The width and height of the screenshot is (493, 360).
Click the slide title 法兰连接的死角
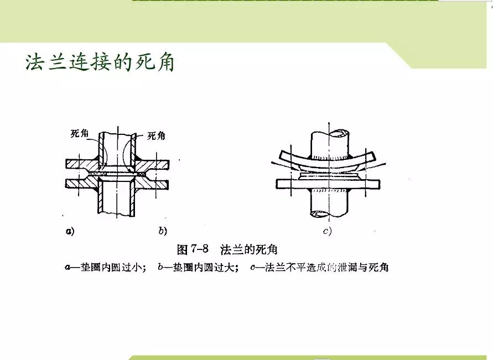click(100, 62)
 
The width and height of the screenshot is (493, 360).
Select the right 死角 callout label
click(157, 136)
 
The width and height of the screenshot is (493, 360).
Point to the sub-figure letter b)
click(163, 231)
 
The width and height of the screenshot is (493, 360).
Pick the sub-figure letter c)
click(328, 231)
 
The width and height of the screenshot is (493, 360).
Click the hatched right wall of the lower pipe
click(134, 199)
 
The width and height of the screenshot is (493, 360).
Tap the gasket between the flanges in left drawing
click(117, 174)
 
